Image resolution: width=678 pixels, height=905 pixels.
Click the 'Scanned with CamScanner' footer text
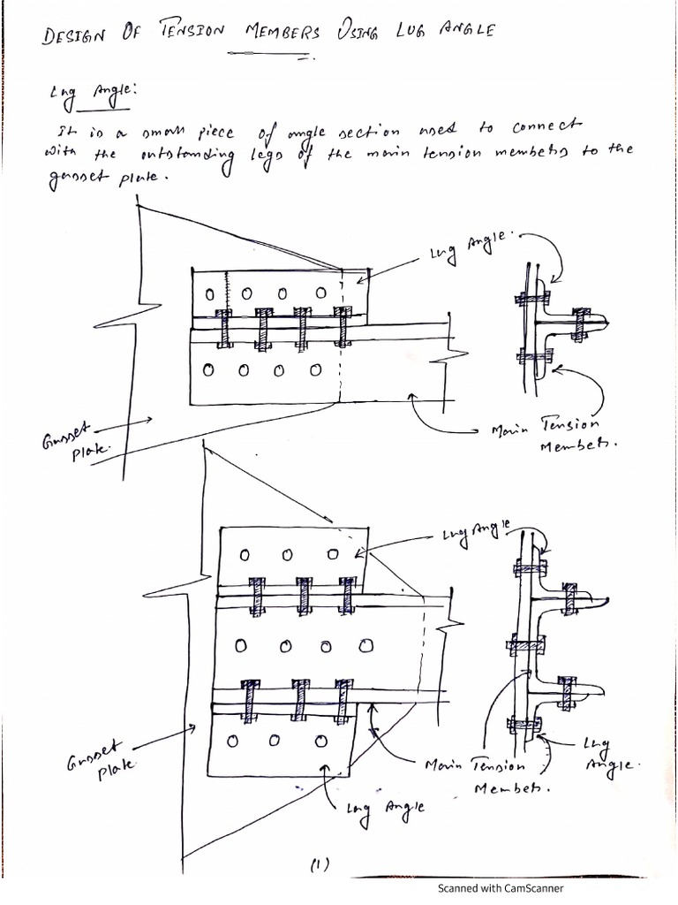(x=501, y=889)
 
